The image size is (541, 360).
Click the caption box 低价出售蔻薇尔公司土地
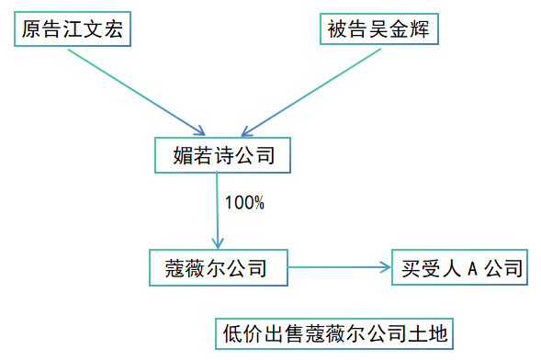pos(335,332)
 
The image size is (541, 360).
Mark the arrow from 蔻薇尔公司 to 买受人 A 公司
pos(340,268)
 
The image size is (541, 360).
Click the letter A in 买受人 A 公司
pos(472,268)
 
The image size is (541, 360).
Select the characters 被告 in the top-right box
pos(350,30)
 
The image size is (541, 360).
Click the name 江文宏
pos(96,30)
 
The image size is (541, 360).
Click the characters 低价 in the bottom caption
pos(242,332)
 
